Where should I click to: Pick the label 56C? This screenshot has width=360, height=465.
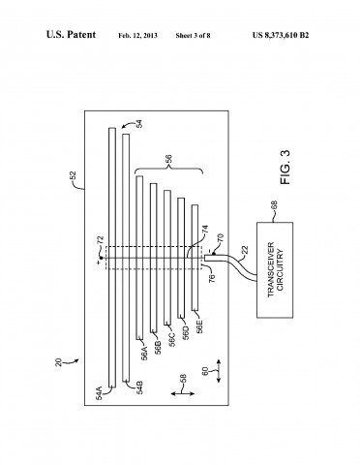(173, 338)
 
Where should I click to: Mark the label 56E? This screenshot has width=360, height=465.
(200, 325)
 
